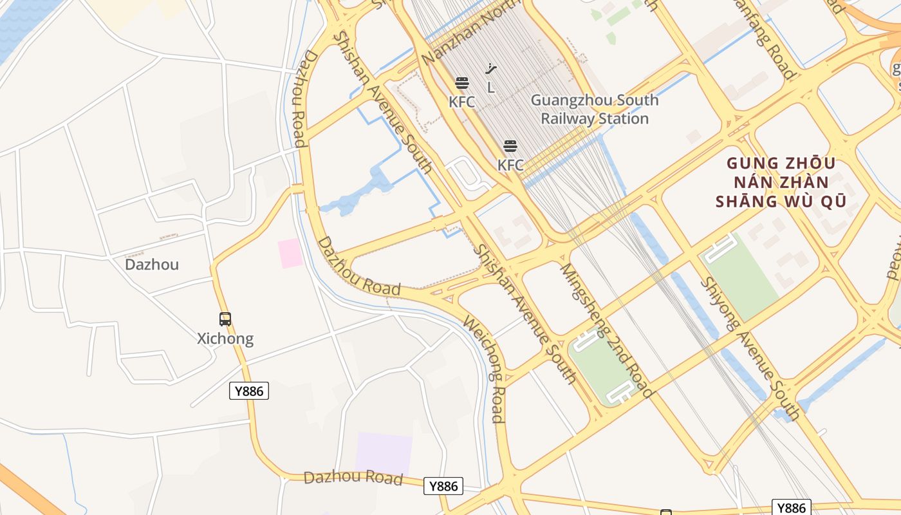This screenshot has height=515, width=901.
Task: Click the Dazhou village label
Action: pyautogui.click(x=152, y=265)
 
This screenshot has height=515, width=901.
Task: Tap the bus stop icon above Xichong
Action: pyautogui.click(x=225, y=319)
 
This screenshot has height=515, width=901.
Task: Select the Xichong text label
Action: pyautogui.click(x=225, y=339)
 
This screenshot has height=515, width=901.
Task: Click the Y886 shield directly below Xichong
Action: pyautogui.click(x=249, y=391)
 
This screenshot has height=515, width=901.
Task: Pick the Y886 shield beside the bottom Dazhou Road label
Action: pyautogui.click(x=443, y=486)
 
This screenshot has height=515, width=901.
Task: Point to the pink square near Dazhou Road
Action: pyautogui.click(x=290, y=253)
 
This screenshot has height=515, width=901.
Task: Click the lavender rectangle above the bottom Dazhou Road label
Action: pyautogui.click(x=384, y=453)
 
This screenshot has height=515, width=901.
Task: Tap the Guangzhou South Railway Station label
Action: pyautogui.click(x=594, y=109)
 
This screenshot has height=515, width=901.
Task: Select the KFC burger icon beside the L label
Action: pyautogui.click(x=461, y=83)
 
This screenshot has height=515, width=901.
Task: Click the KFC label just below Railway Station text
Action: pyautogui.click(x=510, y=165)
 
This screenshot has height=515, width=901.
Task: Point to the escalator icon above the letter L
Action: pyautogui.click(x=491, y=69)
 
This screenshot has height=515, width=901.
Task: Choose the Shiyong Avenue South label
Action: pyautogui.click(x=750, y=348)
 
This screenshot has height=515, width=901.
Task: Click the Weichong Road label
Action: pyautogui.click(x=483, y=370)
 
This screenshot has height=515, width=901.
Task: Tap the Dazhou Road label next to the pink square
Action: pyautogui.click(x=360, y=267)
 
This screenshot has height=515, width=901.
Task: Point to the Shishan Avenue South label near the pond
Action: pyautogui.click(x=383, y=103)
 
